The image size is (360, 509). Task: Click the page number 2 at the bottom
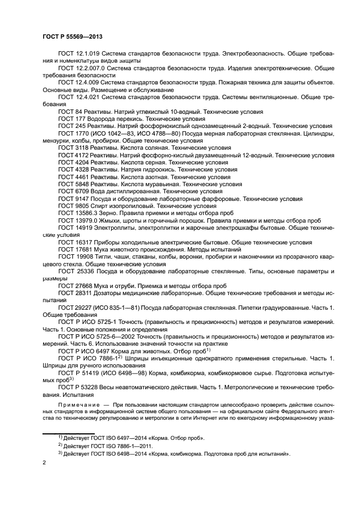[x=44, y=462]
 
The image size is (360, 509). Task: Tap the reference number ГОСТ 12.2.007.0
[x=82, y=68]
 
